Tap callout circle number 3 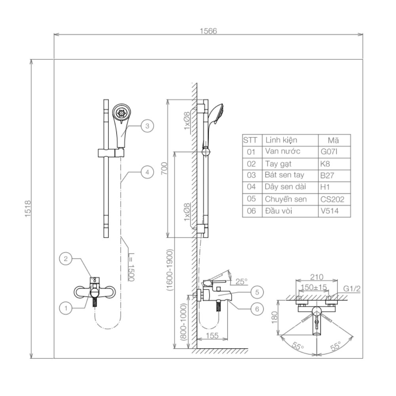[x=147, y=126]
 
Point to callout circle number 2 [x=66, y=259]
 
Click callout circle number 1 [x=66, y=307]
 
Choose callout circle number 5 [x=257, y=292]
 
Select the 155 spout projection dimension [x=212, y=336]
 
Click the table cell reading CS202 [x=329, y=200]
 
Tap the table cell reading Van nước [x=283, y=152]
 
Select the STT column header [x=250, y=140]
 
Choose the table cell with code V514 [x=329, y=211]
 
